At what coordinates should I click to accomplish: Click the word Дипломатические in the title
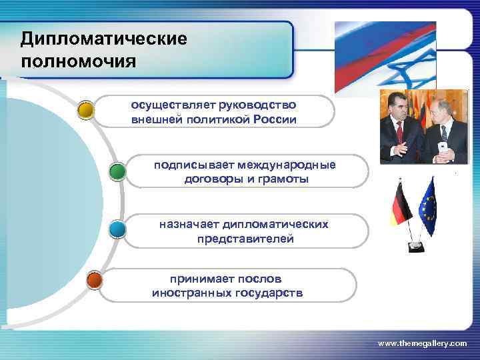tap(103, 39)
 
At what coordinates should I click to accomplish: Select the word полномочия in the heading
tap(78, 62)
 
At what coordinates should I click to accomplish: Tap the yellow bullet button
tap(85, 109)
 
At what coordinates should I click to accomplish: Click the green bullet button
tap(117, 172)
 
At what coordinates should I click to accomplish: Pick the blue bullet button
tap(117, 230)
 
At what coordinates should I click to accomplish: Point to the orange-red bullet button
tap(95, 281)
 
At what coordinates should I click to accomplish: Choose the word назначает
tap(189, 225)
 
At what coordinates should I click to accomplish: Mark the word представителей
tap(245, 239)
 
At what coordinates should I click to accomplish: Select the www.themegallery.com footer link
tap(422, 343)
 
